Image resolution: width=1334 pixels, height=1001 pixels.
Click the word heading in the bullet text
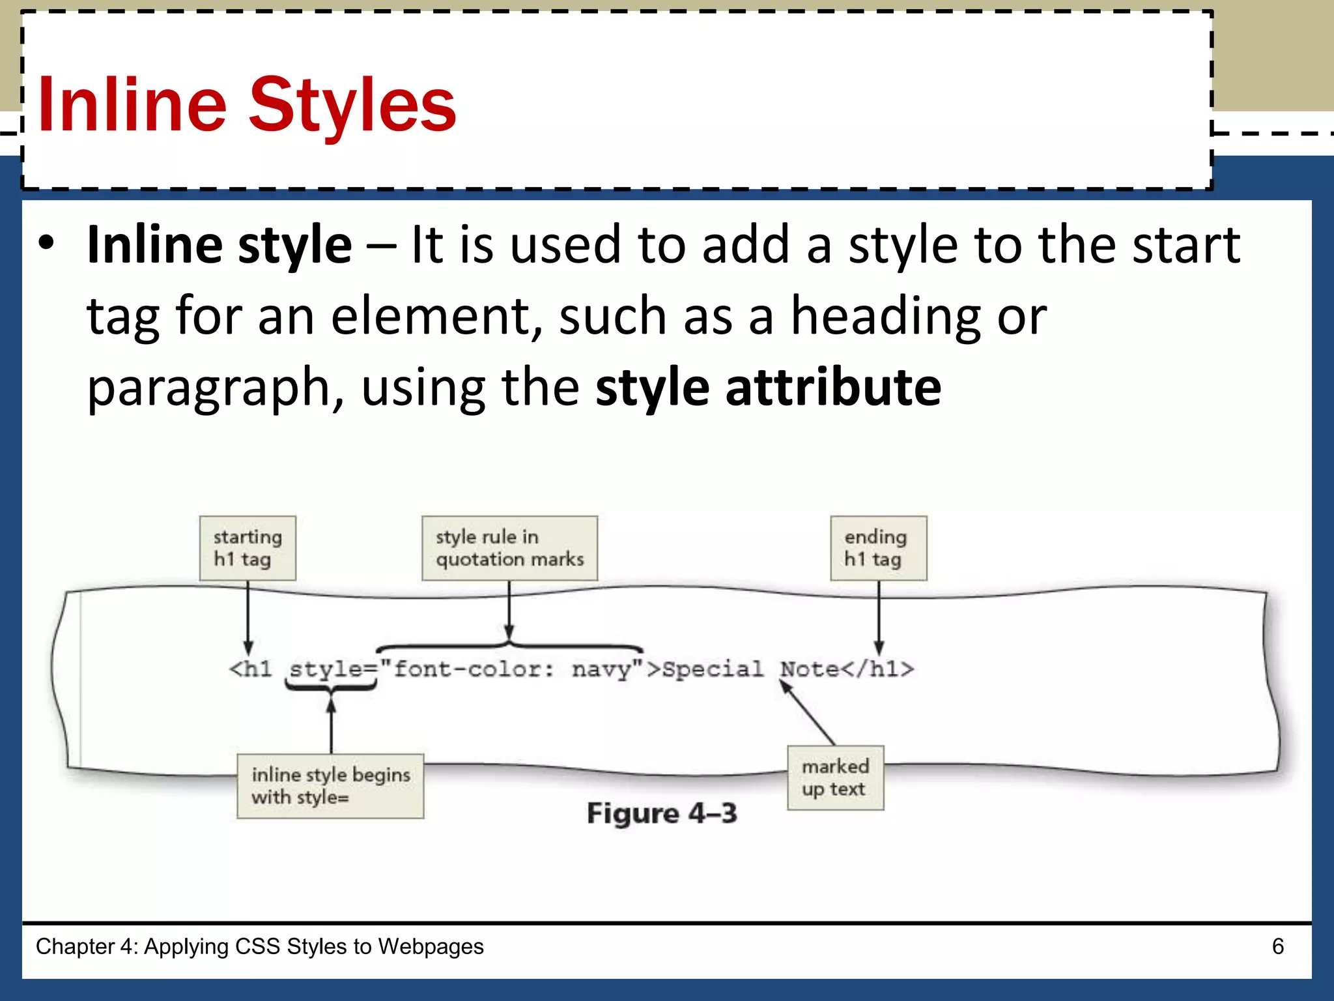[x=885, y=317]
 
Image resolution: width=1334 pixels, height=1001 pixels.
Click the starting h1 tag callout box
[x=248, y=548]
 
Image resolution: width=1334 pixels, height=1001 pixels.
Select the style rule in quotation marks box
[x=509, y=548]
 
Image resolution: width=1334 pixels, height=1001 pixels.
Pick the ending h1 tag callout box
[x=878, y=548]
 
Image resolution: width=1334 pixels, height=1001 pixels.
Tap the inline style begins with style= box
[x=330, y=785]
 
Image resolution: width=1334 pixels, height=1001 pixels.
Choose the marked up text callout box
[x=835, y=777]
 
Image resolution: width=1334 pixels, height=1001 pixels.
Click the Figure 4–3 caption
[x=662, y=813]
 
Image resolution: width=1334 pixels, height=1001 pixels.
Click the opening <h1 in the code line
[x=250, y=669]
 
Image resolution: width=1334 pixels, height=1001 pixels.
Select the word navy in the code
[x=601, y=669]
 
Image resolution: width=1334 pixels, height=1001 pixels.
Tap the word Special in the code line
[x=712, y=669]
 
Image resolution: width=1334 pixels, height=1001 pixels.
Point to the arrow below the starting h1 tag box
[x=248, y=616]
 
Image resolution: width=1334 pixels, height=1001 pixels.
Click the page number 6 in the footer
[x=1277, y=946]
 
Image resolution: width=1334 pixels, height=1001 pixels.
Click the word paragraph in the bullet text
[x=208, y=388]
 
